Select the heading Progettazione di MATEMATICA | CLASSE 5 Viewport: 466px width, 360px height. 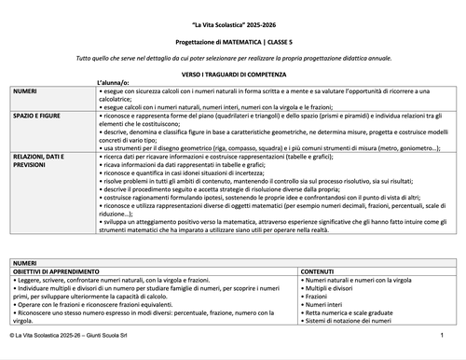click(232, 42)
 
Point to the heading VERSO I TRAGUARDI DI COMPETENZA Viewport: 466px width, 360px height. click(232, 72)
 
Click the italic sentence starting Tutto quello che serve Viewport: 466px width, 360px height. click(232, 58)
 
